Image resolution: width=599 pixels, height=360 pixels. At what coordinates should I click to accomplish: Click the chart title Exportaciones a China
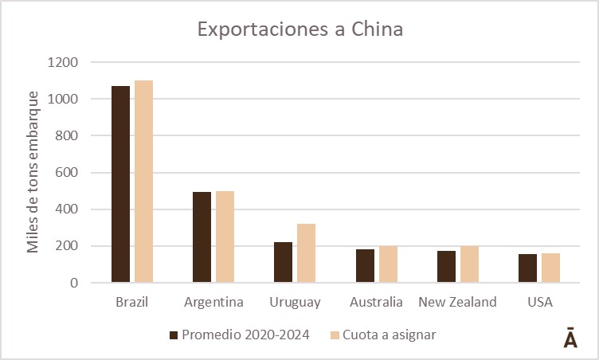[x=300, y=30]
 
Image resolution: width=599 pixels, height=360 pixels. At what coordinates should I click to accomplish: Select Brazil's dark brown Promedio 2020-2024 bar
[x=121, y=184]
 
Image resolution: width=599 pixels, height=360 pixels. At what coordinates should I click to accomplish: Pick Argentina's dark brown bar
[x=202, y=237]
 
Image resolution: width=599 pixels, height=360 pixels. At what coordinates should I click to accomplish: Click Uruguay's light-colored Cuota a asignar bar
[x=307, y=253]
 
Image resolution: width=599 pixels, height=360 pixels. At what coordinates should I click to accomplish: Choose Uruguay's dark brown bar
[x=284, y=262]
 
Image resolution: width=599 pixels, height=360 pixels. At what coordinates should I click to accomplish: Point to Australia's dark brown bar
[x=366, y=266]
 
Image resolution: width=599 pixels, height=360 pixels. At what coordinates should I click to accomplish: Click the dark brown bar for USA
[x=528, y=268]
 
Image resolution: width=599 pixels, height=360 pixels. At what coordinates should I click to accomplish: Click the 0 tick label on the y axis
[x=73, y=283]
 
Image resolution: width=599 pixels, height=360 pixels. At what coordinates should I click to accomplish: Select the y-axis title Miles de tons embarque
[x=33, y=173]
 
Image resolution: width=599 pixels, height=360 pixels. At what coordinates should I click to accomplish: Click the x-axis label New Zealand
[x=458, y=302]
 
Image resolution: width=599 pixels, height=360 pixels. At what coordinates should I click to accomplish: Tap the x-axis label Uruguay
[x=296, y=302]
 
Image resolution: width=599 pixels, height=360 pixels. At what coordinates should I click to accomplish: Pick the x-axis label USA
[x=540, y=302]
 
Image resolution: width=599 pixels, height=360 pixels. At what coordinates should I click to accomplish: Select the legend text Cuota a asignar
[x=390, y=334]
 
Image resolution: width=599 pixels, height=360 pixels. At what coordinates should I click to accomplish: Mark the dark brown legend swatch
[x=174, y=334]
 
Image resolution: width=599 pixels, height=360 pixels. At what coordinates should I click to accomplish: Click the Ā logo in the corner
[x=570, y=337]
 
